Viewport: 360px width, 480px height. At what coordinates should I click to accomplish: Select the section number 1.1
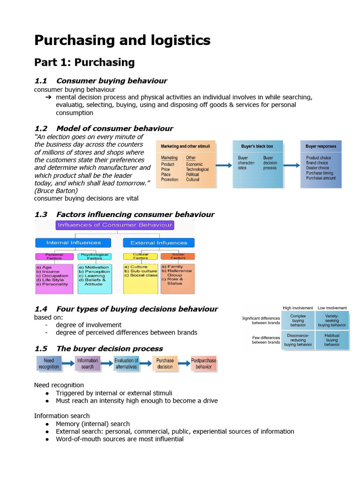tap(41, 81)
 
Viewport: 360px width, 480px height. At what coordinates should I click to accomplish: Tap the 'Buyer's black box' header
tap(257, 146)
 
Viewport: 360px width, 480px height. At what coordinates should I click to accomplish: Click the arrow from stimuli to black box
tap(224, 165)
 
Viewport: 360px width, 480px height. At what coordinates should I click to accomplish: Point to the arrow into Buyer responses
tap(292, 165)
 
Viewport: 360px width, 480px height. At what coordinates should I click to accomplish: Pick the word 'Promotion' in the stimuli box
tap(170, 180)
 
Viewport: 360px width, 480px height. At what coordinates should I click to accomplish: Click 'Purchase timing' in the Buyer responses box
tap(320, 173)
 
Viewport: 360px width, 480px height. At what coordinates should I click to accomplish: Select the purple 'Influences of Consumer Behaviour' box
tap(115, 225)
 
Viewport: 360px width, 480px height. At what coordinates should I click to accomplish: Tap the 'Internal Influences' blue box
tap(73, 243)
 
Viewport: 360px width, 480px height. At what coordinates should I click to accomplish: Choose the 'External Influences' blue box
tap(158, 243)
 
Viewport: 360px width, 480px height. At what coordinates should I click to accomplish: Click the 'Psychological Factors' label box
tap(95, 256)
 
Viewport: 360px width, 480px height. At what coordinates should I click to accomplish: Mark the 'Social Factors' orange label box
tap(178, 256)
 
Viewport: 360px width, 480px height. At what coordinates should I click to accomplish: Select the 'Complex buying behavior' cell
tap(298, 321)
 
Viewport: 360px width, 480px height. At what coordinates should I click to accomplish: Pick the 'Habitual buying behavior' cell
tap(332, 340)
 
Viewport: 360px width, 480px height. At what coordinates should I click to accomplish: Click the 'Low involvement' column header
tap(332, 308)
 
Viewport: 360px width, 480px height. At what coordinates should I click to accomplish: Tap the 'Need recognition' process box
tap(49, 364)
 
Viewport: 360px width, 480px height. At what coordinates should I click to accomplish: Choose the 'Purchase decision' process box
tap(165, 364)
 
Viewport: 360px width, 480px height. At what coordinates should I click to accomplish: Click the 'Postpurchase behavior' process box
tap(203, 364)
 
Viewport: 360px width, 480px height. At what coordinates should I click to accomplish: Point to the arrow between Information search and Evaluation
tap(107, 364)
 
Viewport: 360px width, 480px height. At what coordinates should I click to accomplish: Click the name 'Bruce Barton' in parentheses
tap(56, 191)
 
